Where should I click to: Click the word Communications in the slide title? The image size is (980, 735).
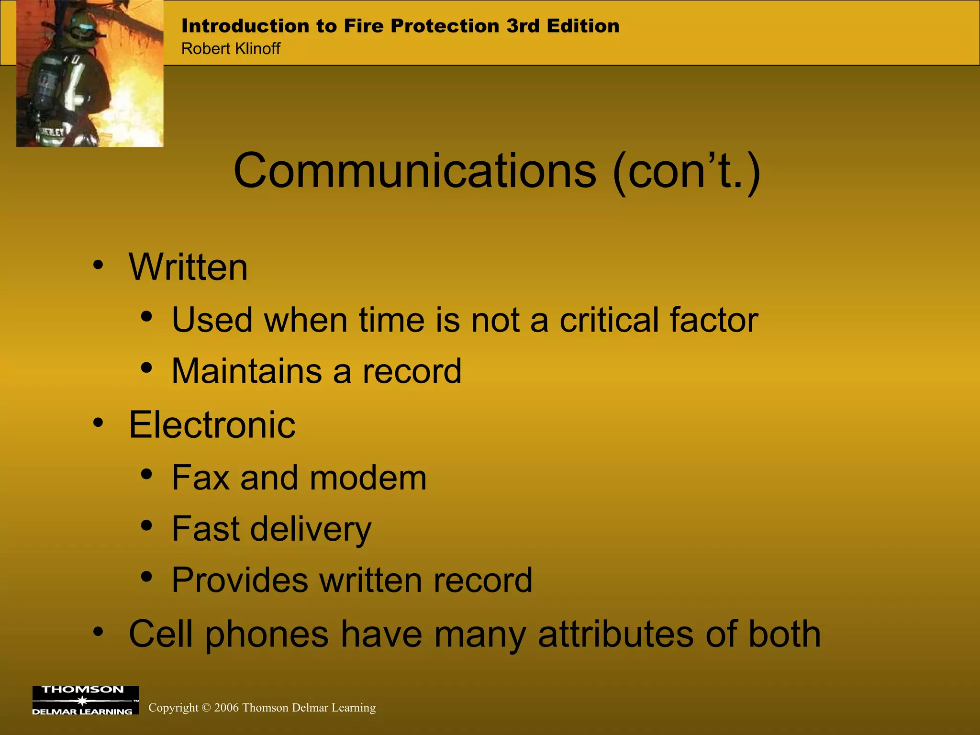click(415, 171)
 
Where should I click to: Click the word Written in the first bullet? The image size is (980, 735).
click(188, 267)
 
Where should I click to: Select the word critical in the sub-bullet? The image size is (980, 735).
click(609, 320)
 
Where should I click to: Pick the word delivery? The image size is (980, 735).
click(311, 529)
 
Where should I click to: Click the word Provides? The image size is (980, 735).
click(240, 580)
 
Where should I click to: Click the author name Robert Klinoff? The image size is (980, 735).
click(231, 48)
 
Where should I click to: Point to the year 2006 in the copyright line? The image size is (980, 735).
click(226, 707)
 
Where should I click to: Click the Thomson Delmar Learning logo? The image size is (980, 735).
click(85, 701)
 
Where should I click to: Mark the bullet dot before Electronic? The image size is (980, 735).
click(98, 422)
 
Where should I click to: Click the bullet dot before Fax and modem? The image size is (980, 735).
click(147, 474)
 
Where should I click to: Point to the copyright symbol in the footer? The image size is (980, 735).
click(206, 708)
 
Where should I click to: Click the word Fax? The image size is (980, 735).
click(200, 478)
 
